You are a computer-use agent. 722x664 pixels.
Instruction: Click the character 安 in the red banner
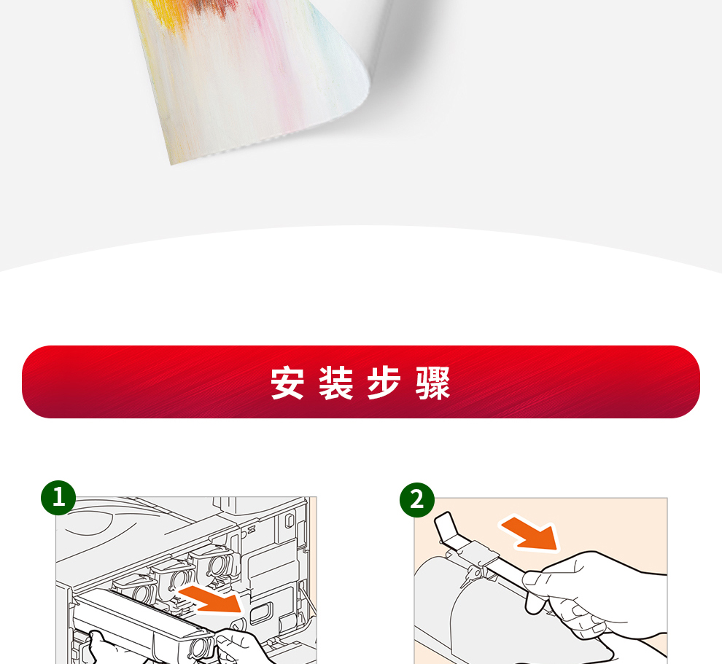(287, 383)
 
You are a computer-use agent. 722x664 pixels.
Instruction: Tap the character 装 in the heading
(336, 383)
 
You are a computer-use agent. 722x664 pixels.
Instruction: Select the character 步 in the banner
(384, 383)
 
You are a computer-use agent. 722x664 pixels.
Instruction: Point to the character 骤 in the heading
(432, 383)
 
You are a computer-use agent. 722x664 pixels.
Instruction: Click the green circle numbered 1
(58, 497)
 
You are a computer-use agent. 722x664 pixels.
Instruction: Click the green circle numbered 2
(417, 500)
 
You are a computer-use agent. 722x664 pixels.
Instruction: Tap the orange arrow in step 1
(211, 598)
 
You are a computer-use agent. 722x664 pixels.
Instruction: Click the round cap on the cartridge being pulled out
(199, 647)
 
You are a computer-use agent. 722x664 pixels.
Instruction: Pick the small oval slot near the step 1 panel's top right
(290, 520)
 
